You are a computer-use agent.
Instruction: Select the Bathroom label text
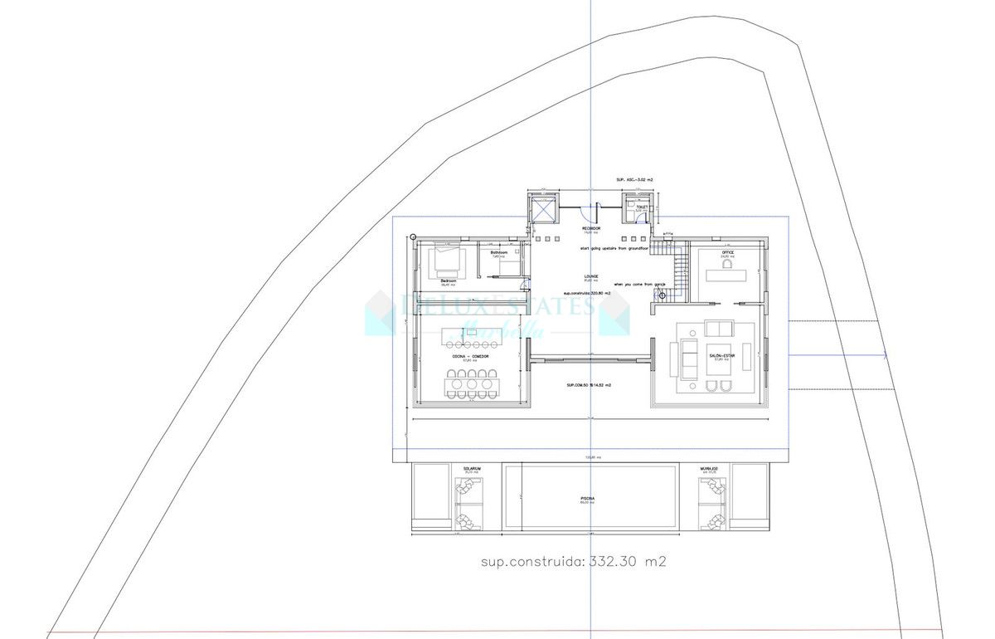pos(498,252)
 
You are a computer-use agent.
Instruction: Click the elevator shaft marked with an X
pos(543,212)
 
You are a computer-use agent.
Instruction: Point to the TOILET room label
pos(641,207)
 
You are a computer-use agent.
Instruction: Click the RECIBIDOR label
pos(590,227)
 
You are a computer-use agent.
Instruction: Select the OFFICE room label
pos(727,252)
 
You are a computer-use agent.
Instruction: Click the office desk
pos(726,275)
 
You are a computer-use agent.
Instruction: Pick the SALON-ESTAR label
pos(720,355)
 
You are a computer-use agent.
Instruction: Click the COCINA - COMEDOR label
pos(470,356)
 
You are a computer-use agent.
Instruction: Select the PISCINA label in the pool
pos(588,499)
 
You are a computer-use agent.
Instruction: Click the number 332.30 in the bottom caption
pos(612,562)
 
